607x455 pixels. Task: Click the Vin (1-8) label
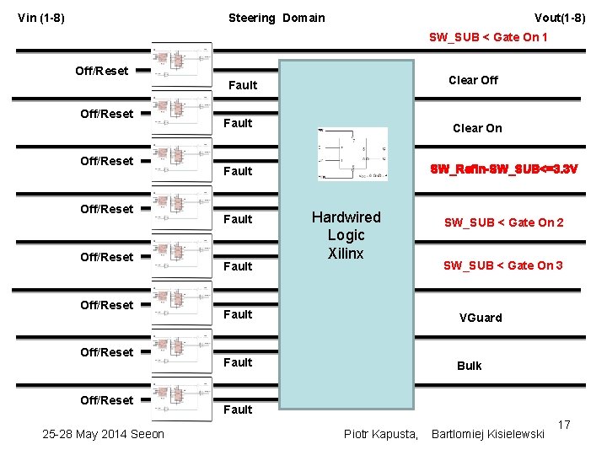pyautogui.click(x=41, y=18)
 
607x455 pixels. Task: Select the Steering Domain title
pyautogui.click(x=277, y=18)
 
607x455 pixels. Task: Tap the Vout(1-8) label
pyautogui.click(x=560, y=18)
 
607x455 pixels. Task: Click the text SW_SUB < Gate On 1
pyautogui.click(x=488, y=37)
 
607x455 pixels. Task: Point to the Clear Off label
pyautogui.click(x=473, y=80)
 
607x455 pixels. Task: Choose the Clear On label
pyautogui.click(x=477, y=128)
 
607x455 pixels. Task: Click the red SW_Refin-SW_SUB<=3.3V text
pyautogui.click(x=504, y=169)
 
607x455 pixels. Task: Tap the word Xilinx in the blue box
pyautogui.click(x=346, y=253)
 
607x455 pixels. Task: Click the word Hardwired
pyautogui.click(x=346, y=217)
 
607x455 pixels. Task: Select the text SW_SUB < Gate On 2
pyautogui.click(x=504, y=222)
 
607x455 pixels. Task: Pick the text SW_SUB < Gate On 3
pyautogui.click(x=503, y=265)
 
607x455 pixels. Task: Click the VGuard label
pyautogui.click(x=481, y=318)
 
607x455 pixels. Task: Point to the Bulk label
pyautogui.click(x=470, y=366)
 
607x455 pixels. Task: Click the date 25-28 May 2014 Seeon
pyautogui.click(x=104, y=434)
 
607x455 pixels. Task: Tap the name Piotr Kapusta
pyautogui.click(x=381, y=434)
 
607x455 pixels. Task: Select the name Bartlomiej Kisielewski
pyautogui.click(x=487, y=434)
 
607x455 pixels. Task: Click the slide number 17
pyautogui.click(x=564, y=428)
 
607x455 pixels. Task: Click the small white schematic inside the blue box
pyautogui.click(x=352, y=153)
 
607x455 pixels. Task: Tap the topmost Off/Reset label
pyautogui.click(x=102, y=71)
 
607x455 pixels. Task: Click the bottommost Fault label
pyautogui.click(x=238, y=409)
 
